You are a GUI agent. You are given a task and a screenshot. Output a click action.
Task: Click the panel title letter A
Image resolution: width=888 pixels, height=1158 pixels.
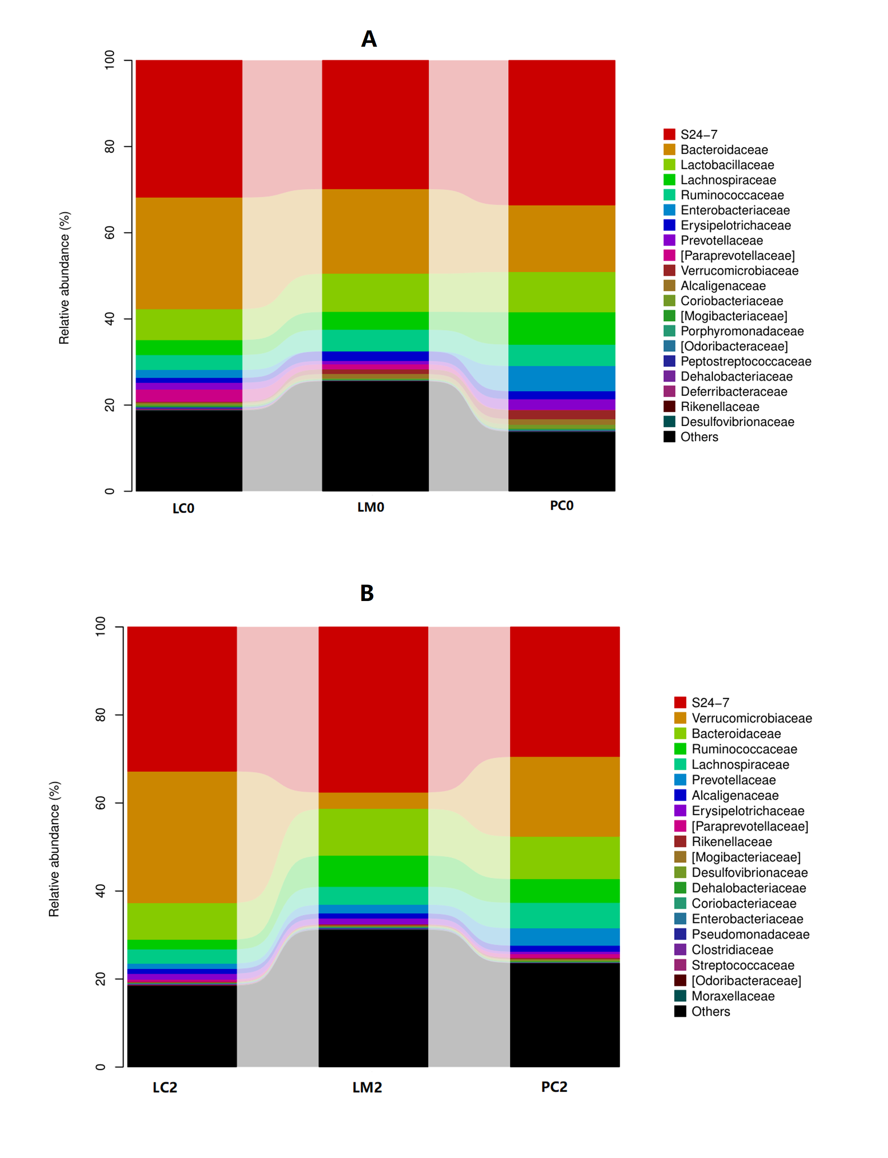(x=368, y=39)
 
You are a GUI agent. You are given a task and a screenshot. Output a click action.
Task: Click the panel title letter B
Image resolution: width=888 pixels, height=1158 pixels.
(x=367, y=593)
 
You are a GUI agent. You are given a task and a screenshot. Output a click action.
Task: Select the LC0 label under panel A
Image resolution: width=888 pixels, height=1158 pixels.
(x=183, y=508)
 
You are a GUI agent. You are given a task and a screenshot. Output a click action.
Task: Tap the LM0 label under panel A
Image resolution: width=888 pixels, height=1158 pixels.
(x=371, y=507)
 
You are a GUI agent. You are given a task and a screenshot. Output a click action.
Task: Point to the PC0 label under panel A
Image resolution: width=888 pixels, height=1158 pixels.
(x=561, y=506)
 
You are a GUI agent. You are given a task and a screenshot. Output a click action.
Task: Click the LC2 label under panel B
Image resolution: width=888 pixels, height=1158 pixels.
(x=165, y=1088)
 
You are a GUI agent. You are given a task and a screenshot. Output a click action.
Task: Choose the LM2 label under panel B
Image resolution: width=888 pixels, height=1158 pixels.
(x=367, y=1088)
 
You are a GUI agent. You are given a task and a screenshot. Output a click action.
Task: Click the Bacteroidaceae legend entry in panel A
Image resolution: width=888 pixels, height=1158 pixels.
(x=724, y=149)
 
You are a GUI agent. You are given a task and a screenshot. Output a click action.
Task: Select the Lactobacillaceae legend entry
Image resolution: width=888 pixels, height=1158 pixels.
(x=727, y=165)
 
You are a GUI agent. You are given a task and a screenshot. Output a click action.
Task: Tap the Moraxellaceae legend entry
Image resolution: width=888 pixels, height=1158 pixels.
(x=733, y=996)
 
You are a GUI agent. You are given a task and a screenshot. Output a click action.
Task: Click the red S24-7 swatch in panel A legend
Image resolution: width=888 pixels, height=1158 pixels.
(x=669, y=134)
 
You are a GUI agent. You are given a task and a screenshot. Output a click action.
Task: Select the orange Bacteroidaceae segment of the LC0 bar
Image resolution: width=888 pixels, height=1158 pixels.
(x=189, y=253)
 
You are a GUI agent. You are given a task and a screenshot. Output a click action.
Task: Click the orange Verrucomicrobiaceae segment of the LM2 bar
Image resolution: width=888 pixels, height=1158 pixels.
(x=373, y=800)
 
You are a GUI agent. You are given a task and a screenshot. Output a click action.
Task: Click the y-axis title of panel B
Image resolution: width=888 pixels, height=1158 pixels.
(x=54, y=849)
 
